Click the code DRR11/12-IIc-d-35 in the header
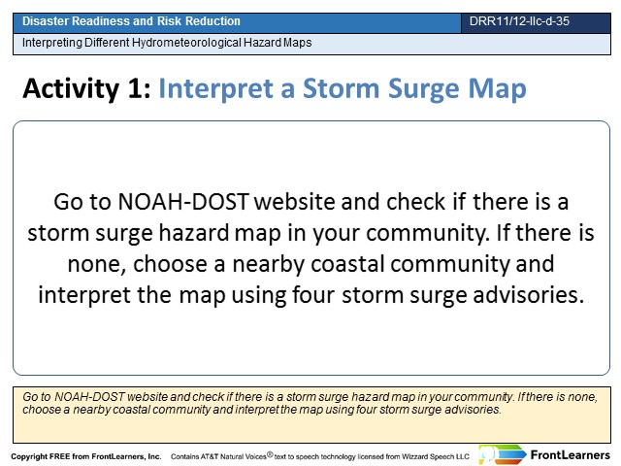(x=519, y=21)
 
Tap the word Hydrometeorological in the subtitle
(x=186, y=43)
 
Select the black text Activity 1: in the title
(x=86, y=88)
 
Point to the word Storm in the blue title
(x=341, y=88)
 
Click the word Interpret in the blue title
(x=216, y=89)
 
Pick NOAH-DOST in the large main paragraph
(x=183, y=201)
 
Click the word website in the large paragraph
(x=295, y=201)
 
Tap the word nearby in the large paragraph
(x=268, y=264)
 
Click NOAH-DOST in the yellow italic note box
(x=89, y=397)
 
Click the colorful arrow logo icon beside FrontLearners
(x=502, y=454)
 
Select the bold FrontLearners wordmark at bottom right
(x=571, y=455)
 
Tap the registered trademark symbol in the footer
(x=270, y=454)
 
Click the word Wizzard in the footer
(x=414, y=456)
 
